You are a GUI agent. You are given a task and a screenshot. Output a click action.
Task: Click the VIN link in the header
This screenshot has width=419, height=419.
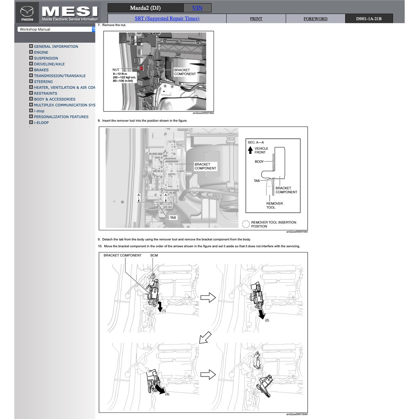pyautogui.click(x=197, y=8)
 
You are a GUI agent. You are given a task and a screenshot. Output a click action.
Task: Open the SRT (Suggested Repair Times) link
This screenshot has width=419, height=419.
pyautogui.click(x=167, y=18)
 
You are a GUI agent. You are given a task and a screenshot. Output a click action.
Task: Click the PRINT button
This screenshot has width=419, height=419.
pyautogui.click(x=256, y=19)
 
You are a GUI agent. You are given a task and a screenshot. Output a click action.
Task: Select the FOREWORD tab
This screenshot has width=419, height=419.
pyautogui.click(x=315, y=19)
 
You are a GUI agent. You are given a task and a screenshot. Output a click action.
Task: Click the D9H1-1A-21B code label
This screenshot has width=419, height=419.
pyautogui.click(x=369, y=19)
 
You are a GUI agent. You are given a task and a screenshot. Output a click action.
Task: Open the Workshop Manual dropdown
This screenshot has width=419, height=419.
pyautogui.click(x=56, y=29)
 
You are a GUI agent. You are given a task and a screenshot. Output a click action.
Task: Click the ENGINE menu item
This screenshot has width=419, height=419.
pyautogui.click(x=41, y=52)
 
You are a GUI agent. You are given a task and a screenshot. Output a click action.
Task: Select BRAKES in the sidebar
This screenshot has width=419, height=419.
pyautogui.click(x=41, y=70)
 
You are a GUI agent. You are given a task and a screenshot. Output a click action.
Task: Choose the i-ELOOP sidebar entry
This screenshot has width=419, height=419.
pyautogui.click(x=41, y=123)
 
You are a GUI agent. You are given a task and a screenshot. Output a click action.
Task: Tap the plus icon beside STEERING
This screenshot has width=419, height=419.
pyautogui.click(x=31, y=81)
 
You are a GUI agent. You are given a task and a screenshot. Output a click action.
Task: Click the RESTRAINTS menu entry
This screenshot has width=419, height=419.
pyautogui.click(x=45, y=93)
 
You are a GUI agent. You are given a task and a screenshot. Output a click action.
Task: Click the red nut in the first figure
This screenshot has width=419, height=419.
pyautogui.click(x=141, y=68)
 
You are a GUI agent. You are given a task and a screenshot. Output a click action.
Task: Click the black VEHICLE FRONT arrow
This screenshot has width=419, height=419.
pyautogui.click(x=250, y=150)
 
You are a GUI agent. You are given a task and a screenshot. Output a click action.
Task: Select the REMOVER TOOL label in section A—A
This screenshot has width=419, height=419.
pyautogui.click(x=274, y=205)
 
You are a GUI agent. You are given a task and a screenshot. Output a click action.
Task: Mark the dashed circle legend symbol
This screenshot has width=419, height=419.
pyautogui.click(x=246, y=224)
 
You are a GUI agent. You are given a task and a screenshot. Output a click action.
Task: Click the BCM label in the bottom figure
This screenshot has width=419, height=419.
pyautogui.click(x=154, y=255)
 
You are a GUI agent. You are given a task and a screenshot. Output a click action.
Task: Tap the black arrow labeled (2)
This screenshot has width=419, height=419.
pyautogui.click(x=261, y=314)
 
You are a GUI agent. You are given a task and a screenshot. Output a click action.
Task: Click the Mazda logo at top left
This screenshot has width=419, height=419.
pyautogui.click(x=27, y=12)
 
